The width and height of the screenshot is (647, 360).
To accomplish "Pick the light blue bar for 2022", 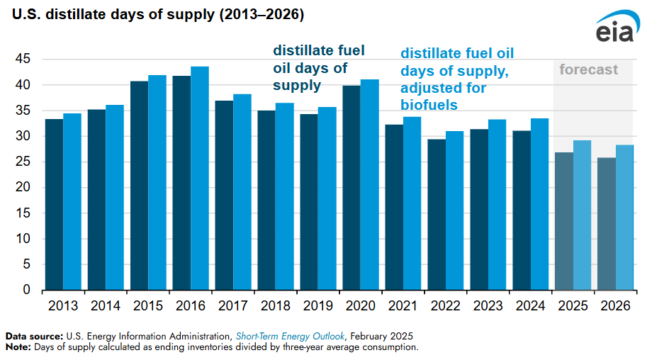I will [454, 210].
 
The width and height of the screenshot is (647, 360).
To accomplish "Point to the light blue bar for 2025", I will [582, 215].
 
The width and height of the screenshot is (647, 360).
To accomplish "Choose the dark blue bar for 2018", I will [266, 200].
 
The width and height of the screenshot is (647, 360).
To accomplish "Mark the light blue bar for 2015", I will [157, 182].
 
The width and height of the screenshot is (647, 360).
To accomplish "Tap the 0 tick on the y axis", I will [27, 291].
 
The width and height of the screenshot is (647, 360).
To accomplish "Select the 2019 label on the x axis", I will [318, 306].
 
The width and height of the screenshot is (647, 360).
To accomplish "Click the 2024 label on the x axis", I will [531, 306].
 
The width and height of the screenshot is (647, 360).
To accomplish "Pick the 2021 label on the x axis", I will [403, 306].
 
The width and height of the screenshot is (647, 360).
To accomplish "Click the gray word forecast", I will [588, 69].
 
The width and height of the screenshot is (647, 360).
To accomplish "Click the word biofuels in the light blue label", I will [429, 105].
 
